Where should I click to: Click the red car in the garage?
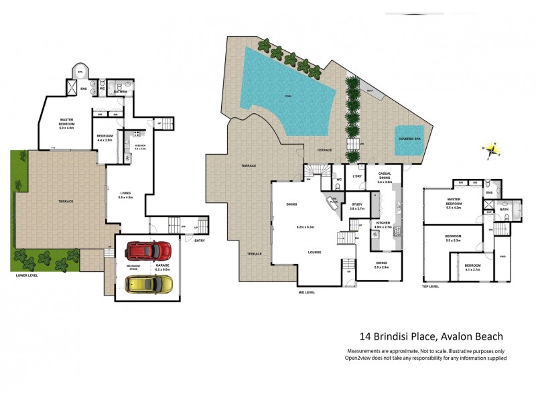[148, 251]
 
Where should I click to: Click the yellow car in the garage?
[149, 285]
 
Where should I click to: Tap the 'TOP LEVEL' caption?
[429, 286]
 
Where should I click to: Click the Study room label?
[356, 206]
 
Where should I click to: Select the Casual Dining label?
[385, 178]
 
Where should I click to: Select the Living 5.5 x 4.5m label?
[126, 195]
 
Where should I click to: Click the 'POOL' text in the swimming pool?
[288, 96]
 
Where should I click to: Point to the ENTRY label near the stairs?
[200, 241]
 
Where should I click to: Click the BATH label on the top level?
[504, 210]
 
